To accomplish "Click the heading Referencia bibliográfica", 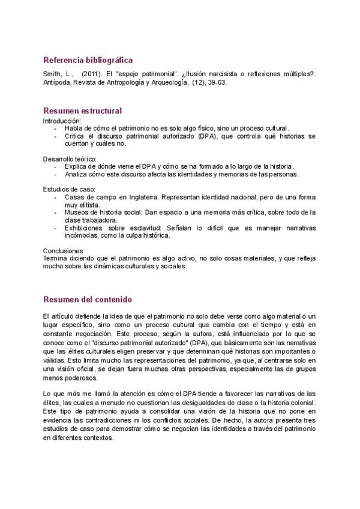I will tap(88, 60).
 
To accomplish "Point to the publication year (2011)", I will tap(91, 74).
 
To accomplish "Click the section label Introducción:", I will tap(62, 121).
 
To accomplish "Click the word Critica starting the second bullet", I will tap(76, 136).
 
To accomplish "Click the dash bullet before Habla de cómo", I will tap(56, 128).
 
